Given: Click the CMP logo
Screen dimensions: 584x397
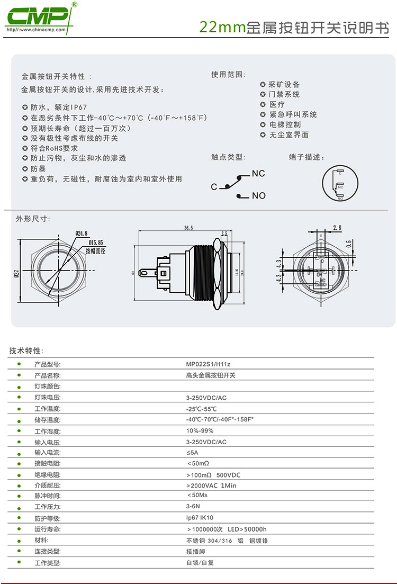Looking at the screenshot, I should [37, 17].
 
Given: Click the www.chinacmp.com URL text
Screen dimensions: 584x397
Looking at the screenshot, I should [36, 30].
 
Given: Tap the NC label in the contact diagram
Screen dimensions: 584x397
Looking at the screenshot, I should [258, 174].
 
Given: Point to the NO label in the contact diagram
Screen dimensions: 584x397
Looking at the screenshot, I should [259, 196].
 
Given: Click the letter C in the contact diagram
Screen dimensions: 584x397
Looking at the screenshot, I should [214, 187].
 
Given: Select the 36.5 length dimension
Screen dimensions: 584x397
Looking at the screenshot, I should [188, 228].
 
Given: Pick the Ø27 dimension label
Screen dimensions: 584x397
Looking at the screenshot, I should [16, 273].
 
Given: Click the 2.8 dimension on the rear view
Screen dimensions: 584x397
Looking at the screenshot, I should [337, 228].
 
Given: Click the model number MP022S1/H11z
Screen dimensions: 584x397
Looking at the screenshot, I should [208, 364].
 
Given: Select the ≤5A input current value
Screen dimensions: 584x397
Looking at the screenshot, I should [192, 453].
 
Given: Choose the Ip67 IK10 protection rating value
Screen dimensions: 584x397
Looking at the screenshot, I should [200, 518].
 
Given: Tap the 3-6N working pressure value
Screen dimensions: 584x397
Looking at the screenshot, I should [192, 507].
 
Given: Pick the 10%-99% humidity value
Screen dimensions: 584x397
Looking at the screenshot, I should [200, 430].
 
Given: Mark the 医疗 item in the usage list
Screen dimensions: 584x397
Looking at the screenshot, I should [277, 104].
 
